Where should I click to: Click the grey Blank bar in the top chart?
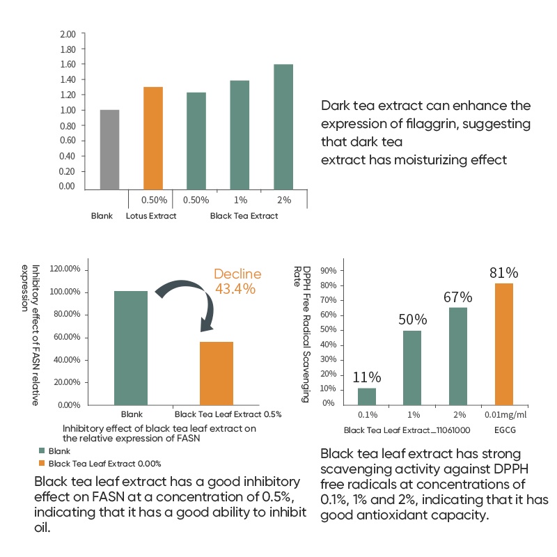point(110,150)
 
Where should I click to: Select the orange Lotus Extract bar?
point(153,138)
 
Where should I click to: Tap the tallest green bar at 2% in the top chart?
point(283,127)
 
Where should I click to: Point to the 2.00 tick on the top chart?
point(68,34)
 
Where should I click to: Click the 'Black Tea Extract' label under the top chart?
point(244,216)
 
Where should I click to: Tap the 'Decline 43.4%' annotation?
point(237,281)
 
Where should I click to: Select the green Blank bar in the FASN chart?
point(131,347)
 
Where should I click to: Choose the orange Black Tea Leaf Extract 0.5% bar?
point(217,373)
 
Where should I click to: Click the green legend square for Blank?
point(42,451)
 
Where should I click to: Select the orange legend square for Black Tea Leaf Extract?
point(42,463)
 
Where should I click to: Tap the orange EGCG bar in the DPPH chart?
point(504,343)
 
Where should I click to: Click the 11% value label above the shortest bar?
point(366,377)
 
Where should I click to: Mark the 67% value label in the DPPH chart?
point(458,297)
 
